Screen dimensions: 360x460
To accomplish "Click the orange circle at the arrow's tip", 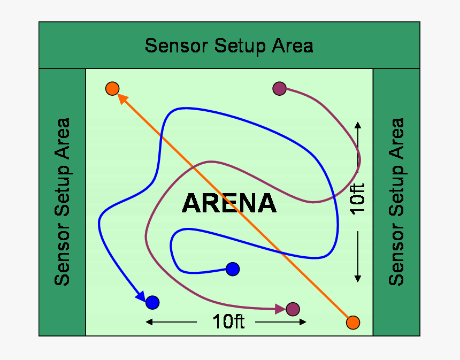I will [x=112, y=88].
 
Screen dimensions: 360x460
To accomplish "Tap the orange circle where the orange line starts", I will [x=352, y=323].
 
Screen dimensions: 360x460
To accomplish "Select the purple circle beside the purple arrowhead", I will [x=293, y=309].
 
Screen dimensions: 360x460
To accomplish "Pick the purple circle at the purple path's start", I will [x=279, y=88].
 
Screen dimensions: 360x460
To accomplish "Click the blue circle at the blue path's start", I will [x=232, y=269].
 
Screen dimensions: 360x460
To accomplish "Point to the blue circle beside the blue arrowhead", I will [x=152, y=302].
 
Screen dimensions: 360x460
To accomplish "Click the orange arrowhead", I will [x=121, y=98].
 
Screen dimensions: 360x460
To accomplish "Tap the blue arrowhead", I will [x=141, y=295].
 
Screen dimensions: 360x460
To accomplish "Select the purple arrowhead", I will [x=280, y=309].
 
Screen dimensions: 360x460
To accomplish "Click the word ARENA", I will [x=229, y=204].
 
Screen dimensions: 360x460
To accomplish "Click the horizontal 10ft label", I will [x=228, y=322].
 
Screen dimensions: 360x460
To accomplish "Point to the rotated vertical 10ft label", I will [x=358, y=198].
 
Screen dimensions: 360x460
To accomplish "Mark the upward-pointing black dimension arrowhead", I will [x=358, y=125].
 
